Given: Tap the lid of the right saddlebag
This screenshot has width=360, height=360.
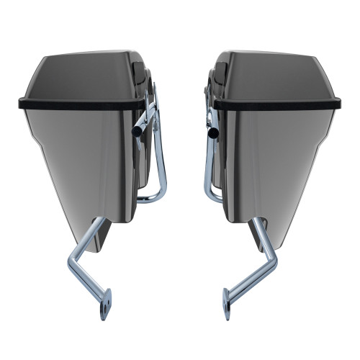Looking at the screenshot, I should coord(277,76).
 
